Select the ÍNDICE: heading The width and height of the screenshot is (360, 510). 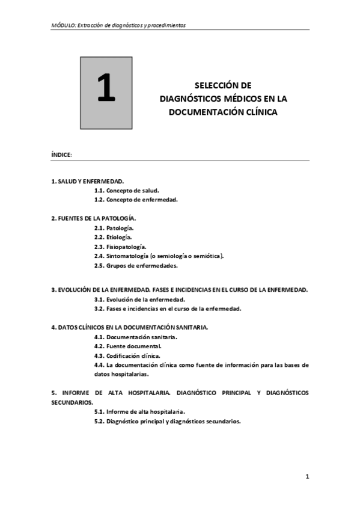(62, 155)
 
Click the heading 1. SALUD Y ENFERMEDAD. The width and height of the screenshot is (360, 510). (88, 180)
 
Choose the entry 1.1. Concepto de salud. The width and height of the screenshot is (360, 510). (126, 190)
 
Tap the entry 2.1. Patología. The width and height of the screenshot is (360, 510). (114, 229)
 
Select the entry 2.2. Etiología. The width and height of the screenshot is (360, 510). (114, 238)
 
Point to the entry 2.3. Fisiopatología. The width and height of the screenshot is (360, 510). (120, 247)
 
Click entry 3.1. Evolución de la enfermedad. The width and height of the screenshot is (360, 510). (139, 299)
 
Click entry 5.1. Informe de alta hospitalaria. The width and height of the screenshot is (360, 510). (139, 412)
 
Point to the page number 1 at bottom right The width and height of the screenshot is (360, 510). (307, 478)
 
